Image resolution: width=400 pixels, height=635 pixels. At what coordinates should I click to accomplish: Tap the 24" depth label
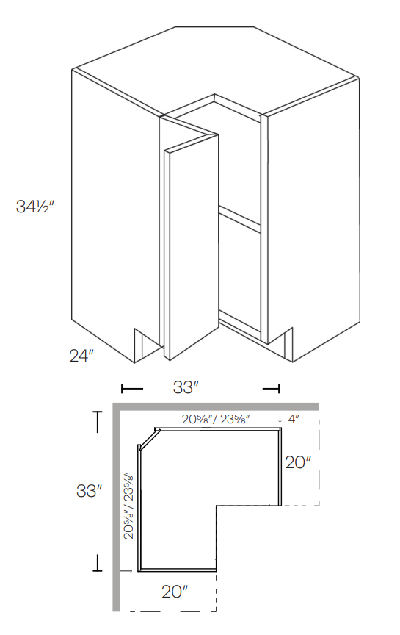tap(81, 356)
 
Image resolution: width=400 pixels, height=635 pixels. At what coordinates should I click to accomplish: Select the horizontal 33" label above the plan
tap(186, 388)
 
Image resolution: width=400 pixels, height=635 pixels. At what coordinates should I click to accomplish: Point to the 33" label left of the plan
tap(88, 491)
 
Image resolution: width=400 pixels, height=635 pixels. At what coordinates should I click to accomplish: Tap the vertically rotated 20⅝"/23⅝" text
tap(129, 506)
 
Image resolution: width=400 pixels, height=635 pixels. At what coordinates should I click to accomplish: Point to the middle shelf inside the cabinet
tap(239, 218)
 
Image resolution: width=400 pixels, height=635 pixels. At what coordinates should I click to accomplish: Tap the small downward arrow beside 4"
tap(281, 418)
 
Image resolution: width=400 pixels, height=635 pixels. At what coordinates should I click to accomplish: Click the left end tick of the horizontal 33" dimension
tap(122, 388)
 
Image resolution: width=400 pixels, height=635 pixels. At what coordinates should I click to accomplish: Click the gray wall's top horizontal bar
tap(217, 406)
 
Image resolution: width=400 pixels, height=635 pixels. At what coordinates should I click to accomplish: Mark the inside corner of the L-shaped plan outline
tap(217, 506)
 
